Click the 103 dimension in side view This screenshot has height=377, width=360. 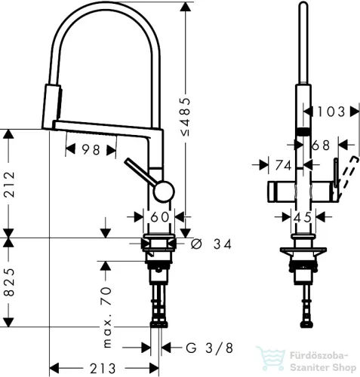point(329,112)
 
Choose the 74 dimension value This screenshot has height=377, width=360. point(284,164)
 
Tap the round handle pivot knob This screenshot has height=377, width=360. point(162,192)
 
